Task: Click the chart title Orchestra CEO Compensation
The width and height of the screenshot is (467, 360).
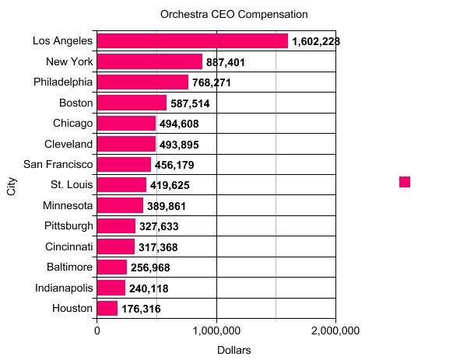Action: (233, 15)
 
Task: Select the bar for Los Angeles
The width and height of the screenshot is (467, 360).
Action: (192, 41)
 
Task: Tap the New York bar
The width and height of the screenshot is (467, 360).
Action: (149, 61)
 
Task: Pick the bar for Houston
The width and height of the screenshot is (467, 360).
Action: (107, 309)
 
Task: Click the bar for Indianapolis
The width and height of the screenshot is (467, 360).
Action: (111, 288)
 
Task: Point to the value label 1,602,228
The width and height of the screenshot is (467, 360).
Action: (316, 41)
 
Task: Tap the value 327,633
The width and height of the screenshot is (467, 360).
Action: (163, 226)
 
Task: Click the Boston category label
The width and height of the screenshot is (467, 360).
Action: (76, 103)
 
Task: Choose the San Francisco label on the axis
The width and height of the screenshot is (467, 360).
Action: (58, 164)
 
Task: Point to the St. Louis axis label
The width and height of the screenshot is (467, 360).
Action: (72, 185)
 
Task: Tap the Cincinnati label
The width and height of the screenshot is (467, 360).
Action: (69, 246)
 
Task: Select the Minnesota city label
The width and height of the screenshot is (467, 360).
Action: (68, 205)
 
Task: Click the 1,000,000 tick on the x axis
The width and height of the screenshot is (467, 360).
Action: (216, 330)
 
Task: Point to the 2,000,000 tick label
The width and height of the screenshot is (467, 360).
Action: (335, 330)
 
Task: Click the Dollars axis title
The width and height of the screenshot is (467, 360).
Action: (233, 351)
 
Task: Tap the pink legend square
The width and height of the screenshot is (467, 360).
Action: (405, 182)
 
